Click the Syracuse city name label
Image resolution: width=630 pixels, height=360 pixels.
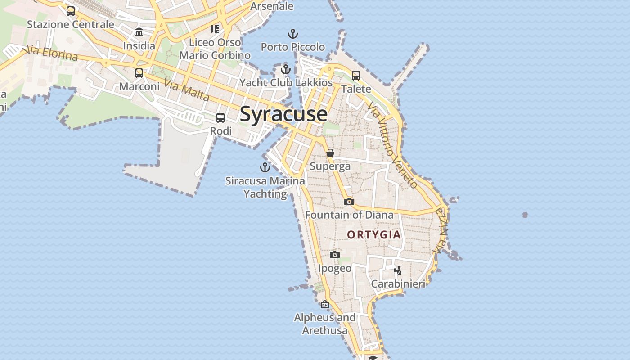coord(283,114)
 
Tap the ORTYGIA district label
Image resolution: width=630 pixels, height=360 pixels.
coord(373,234)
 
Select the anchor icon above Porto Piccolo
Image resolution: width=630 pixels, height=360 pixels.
coord(293,34)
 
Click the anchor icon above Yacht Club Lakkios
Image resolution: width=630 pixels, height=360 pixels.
coord(286,69)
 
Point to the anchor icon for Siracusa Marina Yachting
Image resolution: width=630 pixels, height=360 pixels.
coord(265,167)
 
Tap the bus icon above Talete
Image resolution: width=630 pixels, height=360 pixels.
coord(356,76)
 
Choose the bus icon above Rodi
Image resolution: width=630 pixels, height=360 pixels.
coord(220,118)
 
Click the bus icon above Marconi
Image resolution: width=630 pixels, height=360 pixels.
coord(139,73)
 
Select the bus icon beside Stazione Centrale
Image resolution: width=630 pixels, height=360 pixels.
coord(71,11)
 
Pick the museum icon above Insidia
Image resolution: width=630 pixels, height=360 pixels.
coord(139,32)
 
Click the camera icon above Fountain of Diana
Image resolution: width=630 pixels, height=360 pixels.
coord(349,202)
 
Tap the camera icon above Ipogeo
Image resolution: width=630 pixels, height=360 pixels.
coord(334,255)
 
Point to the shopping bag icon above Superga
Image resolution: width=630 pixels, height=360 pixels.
coord(330,153)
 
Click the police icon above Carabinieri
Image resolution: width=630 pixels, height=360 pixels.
coord(398,270)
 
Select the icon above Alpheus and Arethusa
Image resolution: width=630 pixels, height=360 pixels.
coord(325,305)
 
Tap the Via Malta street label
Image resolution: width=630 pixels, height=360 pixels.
coord(187,90)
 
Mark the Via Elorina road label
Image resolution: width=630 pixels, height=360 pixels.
coord(52,53)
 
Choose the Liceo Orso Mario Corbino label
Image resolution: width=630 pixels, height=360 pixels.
coord(215,49)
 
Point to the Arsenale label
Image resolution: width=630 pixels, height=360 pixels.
coord(272,6)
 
